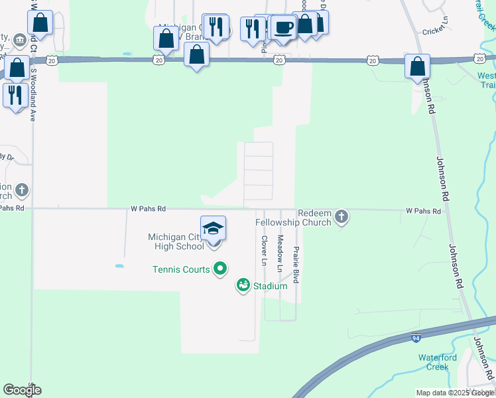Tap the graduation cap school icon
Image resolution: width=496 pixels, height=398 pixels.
tap(213, 229)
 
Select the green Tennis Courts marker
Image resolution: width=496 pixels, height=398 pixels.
tap(221, 269)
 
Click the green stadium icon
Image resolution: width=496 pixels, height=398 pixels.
tap(243, 286)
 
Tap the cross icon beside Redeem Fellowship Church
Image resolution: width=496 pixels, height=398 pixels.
tap(341, 217)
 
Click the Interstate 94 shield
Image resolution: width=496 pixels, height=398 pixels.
tap(416, 338)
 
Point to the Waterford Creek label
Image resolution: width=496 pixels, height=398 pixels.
tap(437, 362)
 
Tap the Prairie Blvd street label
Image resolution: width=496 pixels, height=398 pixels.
tap(296, 265)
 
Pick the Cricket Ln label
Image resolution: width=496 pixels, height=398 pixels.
tap(435, 32)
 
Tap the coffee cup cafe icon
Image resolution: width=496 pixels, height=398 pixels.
tap(284, 28)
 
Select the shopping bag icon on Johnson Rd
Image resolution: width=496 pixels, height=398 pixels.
tap(418, 67)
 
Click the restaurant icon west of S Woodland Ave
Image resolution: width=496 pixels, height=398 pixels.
tap(13, 95)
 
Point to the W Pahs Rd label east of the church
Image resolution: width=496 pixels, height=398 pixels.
tap(424, 211)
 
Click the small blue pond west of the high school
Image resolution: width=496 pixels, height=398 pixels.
tap(119, 266)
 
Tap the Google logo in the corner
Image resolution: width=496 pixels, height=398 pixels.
tap(22, 390)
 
